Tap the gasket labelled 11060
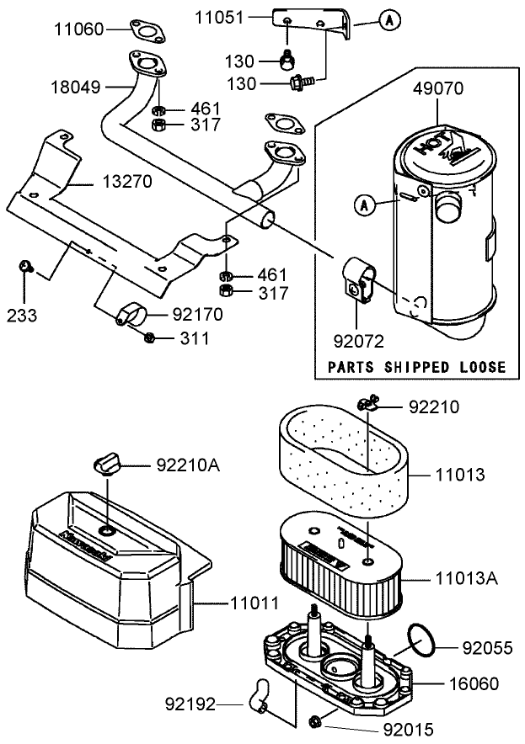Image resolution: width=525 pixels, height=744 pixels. click(149, 32)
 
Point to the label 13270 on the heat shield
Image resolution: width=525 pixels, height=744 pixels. click(129, 180)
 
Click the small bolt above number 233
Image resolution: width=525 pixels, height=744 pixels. click(24, 267)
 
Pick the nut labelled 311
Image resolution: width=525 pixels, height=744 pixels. click(150, 337)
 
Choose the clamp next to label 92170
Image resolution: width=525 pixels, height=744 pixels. click(132, 315)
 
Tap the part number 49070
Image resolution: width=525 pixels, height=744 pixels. click(438, 88)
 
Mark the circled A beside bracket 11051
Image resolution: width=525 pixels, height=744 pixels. click(386, 19)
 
